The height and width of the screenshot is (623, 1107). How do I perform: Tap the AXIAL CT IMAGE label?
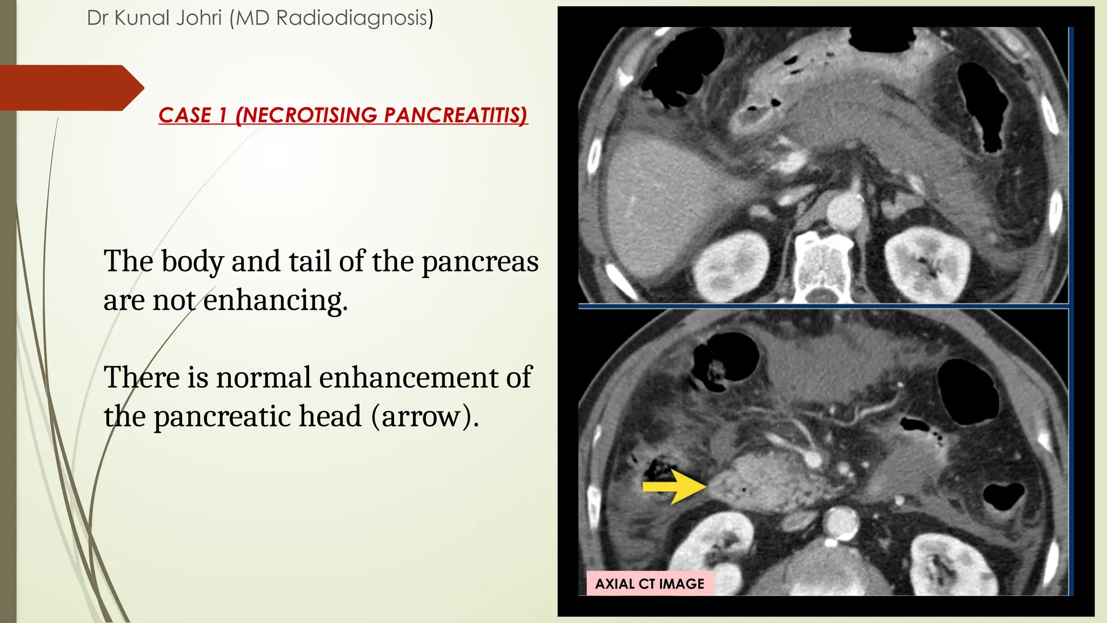click(650, 584)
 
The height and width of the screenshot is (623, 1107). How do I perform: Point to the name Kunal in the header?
click(142, 18)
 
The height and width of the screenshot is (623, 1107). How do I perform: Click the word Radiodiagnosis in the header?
click(355, 18)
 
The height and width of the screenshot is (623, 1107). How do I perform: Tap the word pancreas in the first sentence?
click(480, 262)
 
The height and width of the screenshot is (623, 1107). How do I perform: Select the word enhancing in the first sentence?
click(276, 301)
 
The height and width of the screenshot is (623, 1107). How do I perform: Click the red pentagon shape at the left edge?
click(70, 88)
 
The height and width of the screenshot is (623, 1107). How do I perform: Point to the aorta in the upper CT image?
click(846, 211)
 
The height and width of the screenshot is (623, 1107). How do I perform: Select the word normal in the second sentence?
click(263, 377)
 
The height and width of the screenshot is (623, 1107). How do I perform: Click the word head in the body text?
click(330, 417)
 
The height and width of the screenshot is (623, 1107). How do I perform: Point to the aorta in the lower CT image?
click(841, 521)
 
